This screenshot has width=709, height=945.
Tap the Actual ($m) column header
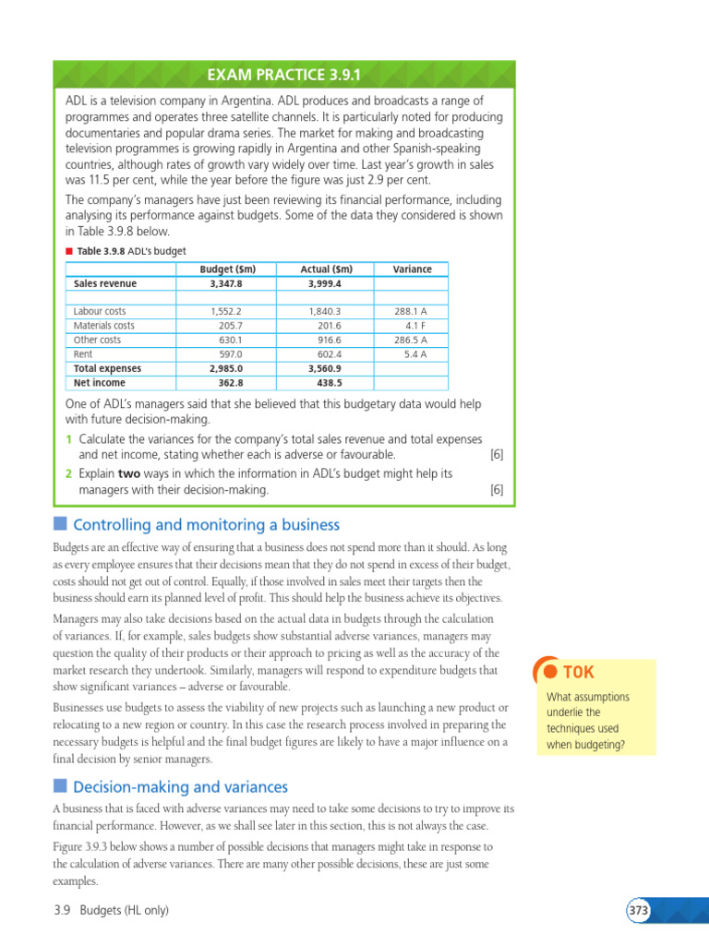327,269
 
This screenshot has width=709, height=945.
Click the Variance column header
412,269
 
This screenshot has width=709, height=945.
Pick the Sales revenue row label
105,284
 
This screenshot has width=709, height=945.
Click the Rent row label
83,354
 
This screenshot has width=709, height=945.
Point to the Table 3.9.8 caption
131,251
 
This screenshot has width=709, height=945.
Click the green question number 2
68,473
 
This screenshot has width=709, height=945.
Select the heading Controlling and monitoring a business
206,525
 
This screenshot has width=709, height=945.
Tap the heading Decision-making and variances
180,787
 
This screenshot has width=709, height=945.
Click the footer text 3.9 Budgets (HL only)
111,911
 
